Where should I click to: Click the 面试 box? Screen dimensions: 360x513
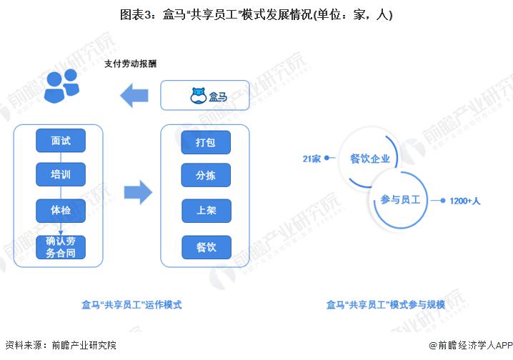tap(61, 140)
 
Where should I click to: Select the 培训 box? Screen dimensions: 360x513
tap(61, 174)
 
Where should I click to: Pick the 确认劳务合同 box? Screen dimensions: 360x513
tap(61, 246)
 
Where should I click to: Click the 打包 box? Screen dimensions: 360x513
tap(206, 142)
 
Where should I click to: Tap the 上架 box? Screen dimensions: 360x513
tap(206, 211)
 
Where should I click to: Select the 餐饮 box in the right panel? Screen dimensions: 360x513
tap(206, 247)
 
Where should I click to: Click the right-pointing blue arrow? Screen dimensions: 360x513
tap(137, 191)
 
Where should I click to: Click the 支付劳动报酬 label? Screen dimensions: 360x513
tap(130, 64)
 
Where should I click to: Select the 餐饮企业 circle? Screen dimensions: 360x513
tap(370, 159)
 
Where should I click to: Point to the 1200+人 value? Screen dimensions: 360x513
tap(464, 201)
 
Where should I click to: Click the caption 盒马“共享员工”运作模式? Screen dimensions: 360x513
tap(131, 304)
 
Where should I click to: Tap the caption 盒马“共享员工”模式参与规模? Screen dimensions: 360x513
tap(386, 304)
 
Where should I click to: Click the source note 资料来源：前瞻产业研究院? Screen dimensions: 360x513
tap(60, 345)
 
